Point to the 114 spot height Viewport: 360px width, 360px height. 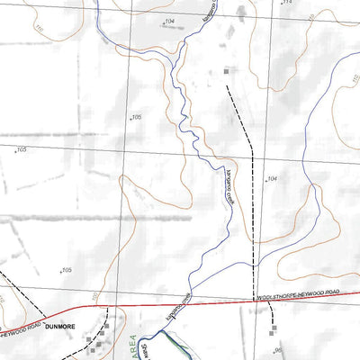(x=289, y=4)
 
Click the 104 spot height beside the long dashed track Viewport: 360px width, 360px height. (x=272, y=179)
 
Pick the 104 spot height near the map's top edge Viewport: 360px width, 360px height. (x=170, y=19)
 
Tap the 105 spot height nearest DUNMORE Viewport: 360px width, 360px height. (x=66, y=270)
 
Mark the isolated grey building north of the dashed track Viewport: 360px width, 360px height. (x=226, y=70)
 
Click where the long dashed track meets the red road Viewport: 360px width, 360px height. (x=254, y=300)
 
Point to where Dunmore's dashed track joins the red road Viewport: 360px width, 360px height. (x=105, y=312)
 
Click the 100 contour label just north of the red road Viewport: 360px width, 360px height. (x=93, y=296)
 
